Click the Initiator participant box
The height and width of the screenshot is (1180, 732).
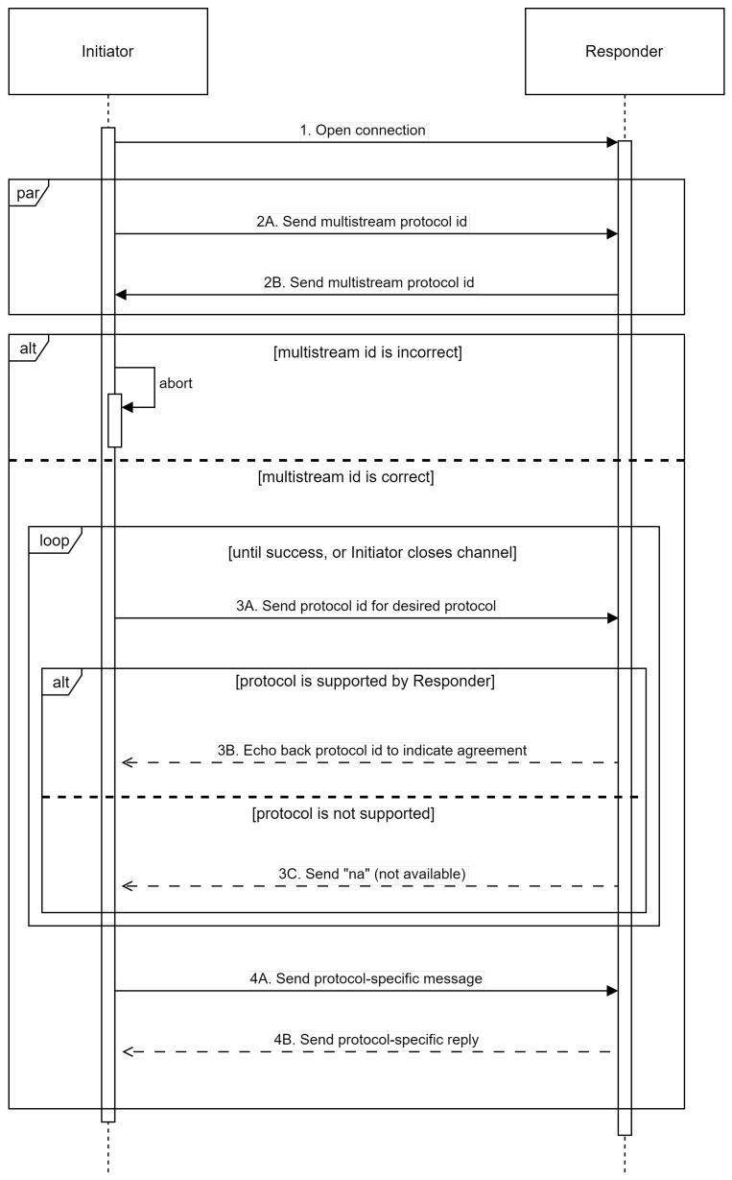coord(107,52)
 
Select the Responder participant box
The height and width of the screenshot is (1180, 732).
coord(624,52)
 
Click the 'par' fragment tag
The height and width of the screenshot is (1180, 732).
coord(26,192)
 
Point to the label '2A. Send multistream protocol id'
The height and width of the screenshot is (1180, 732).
coord(362,221)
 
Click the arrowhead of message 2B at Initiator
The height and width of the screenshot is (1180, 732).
coord(121,295)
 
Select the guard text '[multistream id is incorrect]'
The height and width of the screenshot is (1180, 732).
coord(367,352)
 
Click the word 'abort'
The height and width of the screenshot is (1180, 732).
coord(176,383)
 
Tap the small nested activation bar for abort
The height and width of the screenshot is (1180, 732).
coord(114,420)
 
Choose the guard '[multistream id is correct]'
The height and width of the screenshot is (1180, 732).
coord(345,476)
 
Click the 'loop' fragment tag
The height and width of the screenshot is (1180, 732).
coord(53,540)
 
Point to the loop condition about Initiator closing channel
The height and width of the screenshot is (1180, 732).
coord(371,553)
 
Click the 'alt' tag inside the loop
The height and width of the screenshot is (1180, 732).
coord(60,681)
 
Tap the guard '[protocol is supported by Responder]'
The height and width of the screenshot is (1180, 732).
coord(365,683)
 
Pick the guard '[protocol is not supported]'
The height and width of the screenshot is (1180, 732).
coord(342,814)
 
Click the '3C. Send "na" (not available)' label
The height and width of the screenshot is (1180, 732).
coord(371,873)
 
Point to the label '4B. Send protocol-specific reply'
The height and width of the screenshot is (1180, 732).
coord(376,1039)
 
